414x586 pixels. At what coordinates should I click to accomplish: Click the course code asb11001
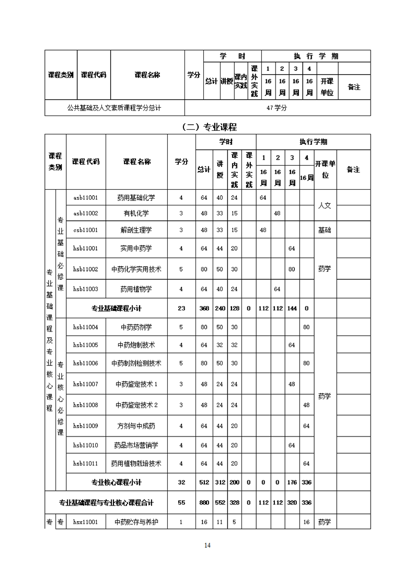pos(86,198)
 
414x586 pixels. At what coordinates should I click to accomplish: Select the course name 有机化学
pos(136,213)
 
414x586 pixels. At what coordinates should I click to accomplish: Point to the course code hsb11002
pos(86,269)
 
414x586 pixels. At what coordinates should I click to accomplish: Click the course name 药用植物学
pos(136,289)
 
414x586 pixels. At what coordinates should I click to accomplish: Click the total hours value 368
pos(204,308)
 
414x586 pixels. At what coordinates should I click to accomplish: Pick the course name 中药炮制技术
pos(136,345)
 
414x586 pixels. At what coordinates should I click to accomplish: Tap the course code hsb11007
pos(86,384)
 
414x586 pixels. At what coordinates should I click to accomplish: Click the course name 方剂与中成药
pos(136,426)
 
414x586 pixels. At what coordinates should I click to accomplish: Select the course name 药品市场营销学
pos(136,445)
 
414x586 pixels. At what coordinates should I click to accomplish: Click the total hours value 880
pos(204,502)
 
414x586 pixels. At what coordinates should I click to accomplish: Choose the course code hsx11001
pos(86,522)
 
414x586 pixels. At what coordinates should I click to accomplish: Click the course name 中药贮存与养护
pos(136,522)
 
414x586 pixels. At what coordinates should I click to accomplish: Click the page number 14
pos(207,545)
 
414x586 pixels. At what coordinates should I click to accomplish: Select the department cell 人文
pos(325,205)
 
